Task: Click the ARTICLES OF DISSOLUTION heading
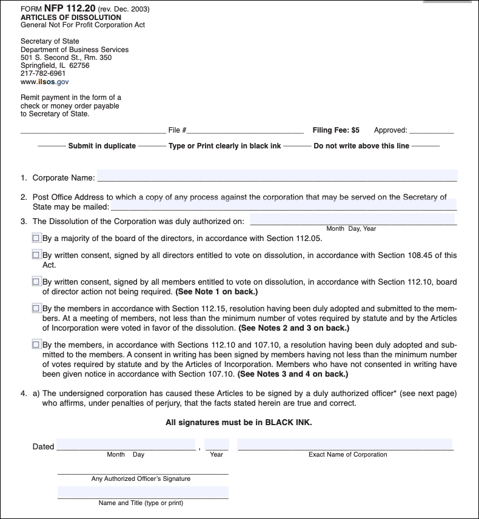point(71,18)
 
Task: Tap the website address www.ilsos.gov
point(45,81)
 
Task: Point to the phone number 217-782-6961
point(43,73)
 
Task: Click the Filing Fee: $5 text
point(336,130)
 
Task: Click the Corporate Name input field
point(276,176)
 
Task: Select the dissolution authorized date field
point(352,219)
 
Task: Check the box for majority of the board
point(36,239)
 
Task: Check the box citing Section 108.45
point(36,256)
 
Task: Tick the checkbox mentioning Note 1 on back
point(36,282)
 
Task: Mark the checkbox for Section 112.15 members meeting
point(36,309)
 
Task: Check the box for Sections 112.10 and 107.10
point(36,345)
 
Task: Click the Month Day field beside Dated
point(126,445)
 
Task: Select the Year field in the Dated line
point(216,445)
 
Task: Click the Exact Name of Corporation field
point(344,445)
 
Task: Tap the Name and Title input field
point(142,492)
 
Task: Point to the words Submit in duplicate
point(102,146)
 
